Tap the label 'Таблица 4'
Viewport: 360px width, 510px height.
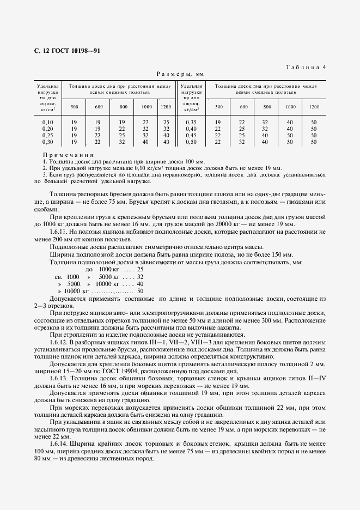pos(305,67)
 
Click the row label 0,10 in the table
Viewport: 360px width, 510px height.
pos(48,122)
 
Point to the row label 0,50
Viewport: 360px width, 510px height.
pos(191,142)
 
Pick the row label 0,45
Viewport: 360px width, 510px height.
pos(191,135)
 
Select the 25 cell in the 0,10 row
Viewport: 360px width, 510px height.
pos(166,122)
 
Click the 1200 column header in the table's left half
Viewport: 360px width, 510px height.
pos(166,106)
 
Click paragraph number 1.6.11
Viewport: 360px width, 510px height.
pos(59,232)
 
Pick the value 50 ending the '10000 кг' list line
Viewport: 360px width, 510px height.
pos(140,292)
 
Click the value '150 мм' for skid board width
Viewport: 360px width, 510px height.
pos(282,254)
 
